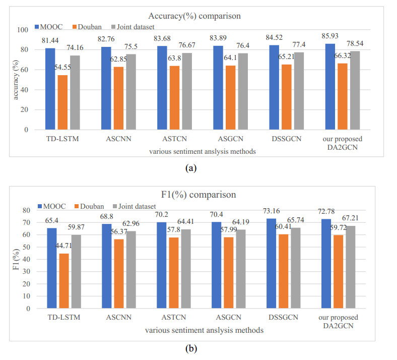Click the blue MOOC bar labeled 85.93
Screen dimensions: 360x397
(x=330, y=86)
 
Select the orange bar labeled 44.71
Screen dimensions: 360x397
(x=64, y=281)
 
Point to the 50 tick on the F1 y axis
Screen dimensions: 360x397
(x=26, y=247)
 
